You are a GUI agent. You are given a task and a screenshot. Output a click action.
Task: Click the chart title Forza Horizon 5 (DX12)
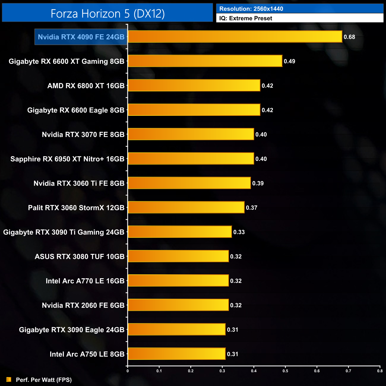[x=107, y=14]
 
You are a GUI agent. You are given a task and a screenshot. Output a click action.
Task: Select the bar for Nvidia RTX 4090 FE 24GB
[x=235, y=37]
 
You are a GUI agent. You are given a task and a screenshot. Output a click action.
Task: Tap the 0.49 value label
[x=289, y=61]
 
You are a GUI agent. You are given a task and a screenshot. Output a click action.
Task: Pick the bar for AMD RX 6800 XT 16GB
[x=194, y=86]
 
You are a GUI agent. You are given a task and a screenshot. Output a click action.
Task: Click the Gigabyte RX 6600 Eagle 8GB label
[x=76, y=110]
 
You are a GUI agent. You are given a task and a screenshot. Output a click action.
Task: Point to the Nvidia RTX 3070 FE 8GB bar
[x=191, y=134]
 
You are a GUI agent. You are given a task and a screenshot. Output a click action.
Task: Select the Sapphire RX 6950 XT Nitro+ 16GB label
[x=67, y=159]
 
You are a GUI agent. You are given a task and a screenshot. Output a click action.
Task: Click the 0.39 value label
[x=258, y=183]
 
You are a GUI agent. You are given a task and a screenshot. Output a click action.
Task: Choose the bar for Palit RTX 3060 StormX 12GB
[x=186, y=208]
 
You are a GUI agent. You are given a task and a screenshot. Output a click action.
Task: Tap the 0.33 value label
[x=239, y=232]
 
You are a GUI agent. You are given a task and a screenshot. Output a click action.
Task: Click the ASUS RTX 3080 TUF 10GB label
[x=80, y=257]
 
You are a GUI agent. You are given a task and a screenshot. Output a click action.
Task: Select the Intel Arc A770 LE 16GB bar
[x=178, y=281]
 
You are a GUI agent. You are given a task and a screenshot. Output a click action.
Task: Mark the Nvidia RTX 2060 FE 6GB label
[x=83, y=305]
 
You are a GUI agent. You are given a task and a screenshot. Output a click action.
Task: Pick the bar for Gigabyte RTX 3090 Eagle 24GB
[x=176, y=330]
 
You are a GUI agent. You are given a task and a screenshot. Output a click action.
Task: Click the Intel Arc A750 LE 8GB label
[x=87, y=354]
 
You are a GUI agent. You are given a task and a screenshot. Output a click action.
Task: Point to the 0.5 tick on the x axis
[x=285, y=371]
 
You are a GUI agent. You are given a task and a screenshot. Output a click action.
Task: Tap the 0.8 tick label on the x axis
[x=380, y=371]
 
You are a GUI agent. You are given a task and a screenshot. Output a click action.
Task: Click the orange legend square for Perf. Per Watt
[x=9, y=379]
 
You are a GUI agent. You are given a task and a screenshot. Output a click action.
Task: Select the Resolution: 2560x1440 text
[x=251, y=9]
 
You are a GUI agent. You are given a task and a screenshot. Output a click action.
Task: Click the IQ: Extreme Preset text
[x=246, y=18]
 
